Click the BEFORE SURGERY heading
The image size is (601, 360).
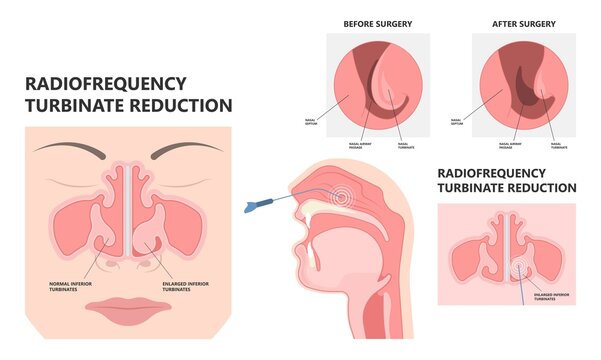pos(379,22)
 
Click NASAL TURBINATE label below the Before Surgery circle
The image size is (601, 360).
pos(405,147)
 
